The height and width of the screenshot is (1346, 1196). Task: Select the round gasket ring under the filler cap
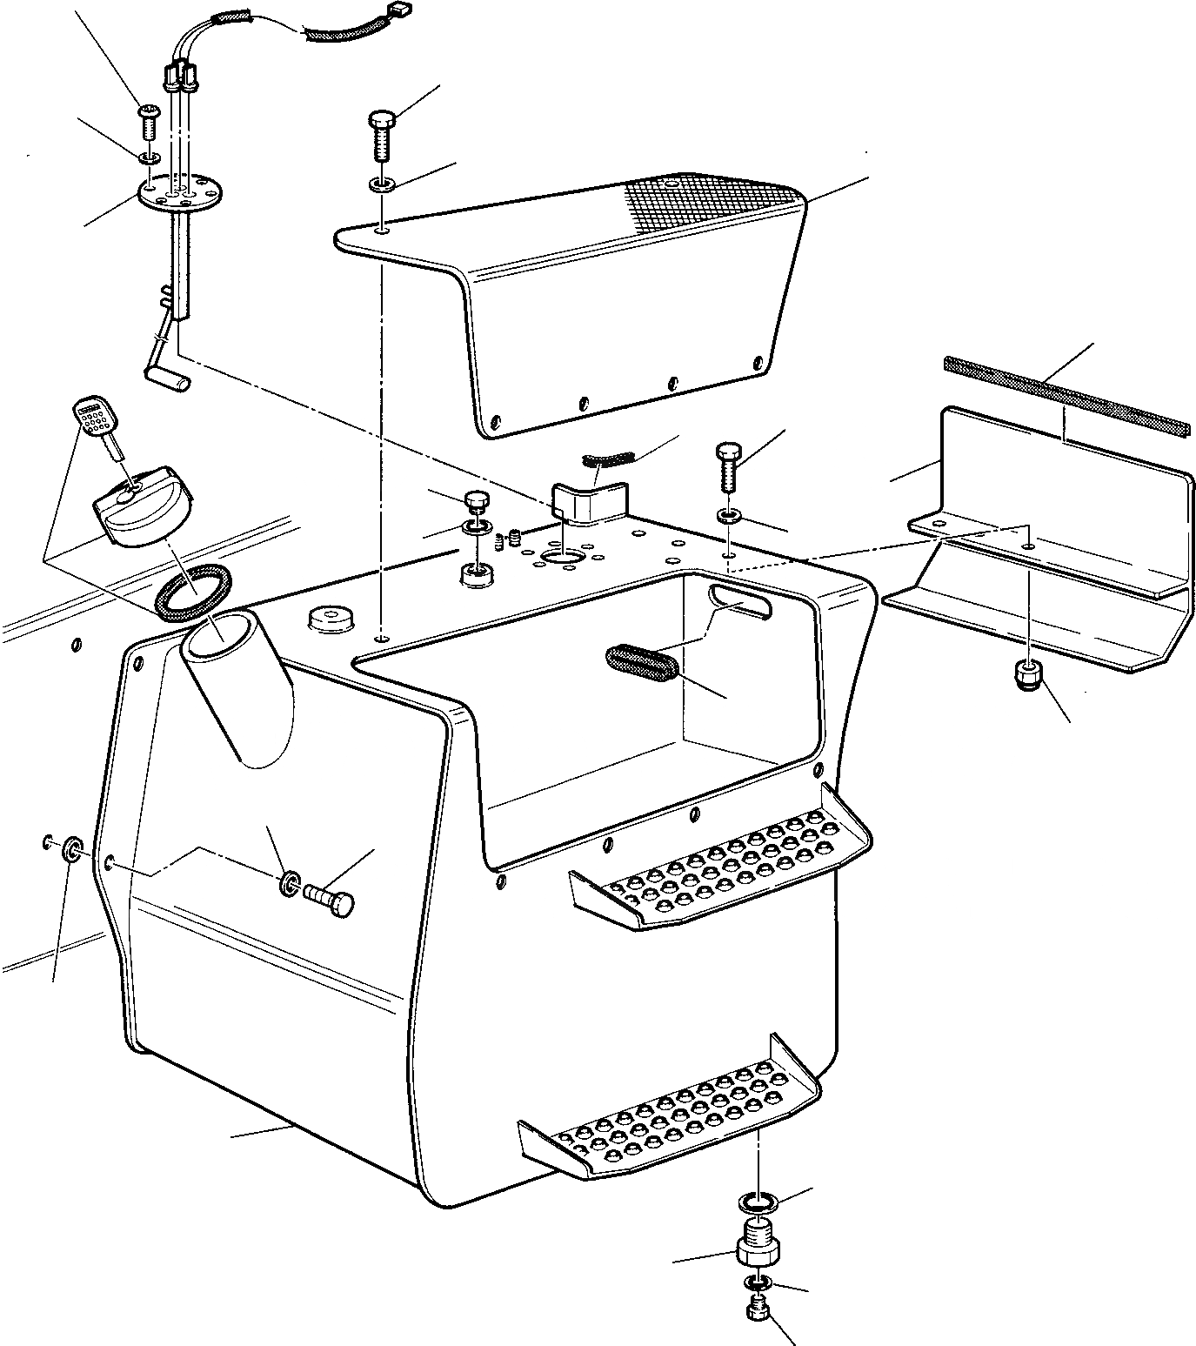pyautogui.click(x=194, y=593)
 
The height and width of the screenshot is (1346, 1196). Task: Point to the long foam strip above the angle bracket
pyautogui.click(x=1066, y=394)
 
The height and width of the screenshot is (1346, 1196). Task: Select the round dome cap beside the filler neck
pyautogui.click(x=329, y=619)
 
